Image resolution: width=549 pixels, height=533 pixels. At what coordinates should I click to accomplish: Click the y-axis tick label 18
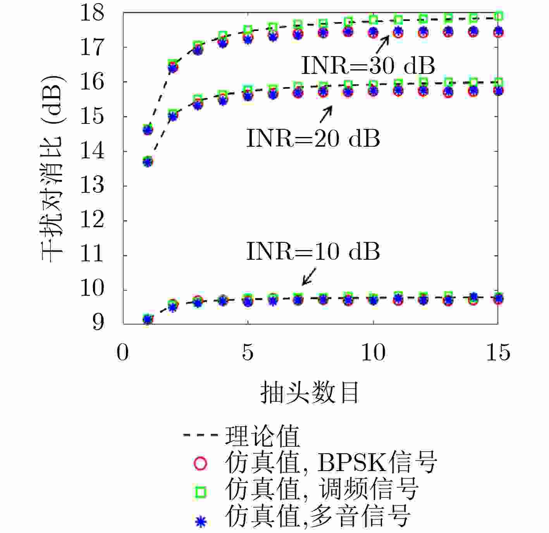coord(92,12)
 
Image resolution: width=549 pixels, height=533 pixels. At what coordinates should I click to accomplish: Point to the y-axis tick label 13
coord(92,186)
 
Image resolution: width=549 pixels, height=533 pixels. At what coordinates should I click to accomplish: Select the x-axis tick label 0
coord(122,353)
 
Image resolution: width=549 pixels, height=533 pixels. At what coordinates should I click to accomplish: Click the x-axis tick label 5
coord(248,353)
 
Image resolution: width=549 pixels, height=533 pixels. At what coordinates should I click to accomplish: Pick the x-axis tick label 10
coord(373,353)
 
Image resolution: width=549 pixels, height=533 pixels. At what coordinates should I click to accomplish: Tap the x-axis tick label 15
coord(498,353)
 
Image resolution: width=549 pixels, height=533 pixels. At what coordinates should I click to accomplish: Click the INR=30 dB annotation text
coord(368,66)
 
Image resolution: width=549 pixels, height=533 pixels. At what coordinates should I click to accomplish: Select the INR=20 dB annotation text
coord(313,138)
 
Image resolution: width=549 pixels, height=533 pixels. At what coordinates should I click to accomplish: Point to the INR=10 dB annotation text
coord(313,252)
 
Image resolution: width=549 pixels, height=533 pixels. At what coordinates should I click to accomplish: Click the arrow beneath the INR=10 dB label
coord(309,277)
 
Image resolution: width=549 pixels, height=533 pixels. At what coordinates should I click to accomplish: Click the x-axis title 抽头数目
coord(310,392)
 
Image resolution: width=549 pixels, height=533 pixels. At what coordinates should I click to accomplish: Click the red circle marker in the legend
coord(200,463)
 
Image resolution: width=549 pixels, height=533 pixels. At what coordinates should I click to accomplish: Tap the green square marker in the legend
coord(200,492)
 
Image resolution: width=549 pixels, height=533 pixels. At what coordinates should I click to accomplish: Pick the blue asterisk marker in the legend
coord(200,521)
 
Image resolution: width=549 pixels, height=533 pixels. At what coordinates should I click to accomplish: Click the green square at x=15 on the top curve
coord(499,16)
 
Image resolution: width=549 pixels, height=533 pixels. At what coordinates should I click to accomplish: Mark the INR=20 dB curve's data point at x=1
coord(148,161)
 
